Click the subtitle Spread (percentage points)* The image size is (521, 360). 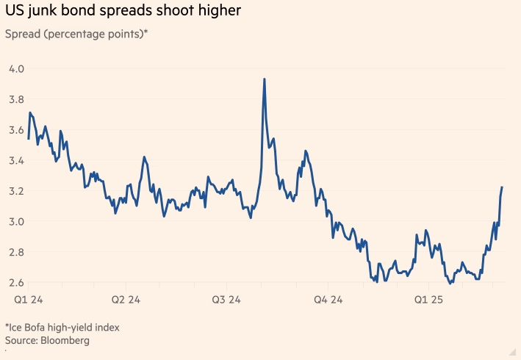[76, 34]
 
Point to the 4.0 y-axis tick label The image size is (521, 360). [16, 68]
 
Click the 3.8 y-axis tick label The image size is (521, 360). [16, 99]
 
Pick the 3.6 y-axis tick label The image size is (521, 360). [16, 130]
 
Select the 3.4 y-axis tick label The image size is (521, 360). [16, 160]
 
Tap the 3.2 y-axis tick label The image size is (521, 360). [16, 191]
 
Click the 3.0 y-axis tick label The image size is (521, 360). [16, 221]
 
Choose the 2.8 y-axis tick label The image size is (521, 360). [16, 252]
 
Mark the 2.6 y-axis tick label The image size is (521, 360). [16, 282]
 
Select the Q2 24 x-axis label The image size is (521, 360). [126, 300]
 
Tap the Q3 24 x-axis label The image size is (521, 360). [226, 300]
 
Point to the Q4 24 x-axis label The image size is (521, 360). [328, 300]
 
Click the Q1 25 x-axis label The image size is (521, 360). [428, 300]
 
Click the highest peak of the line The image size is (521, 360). [265, 79]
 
